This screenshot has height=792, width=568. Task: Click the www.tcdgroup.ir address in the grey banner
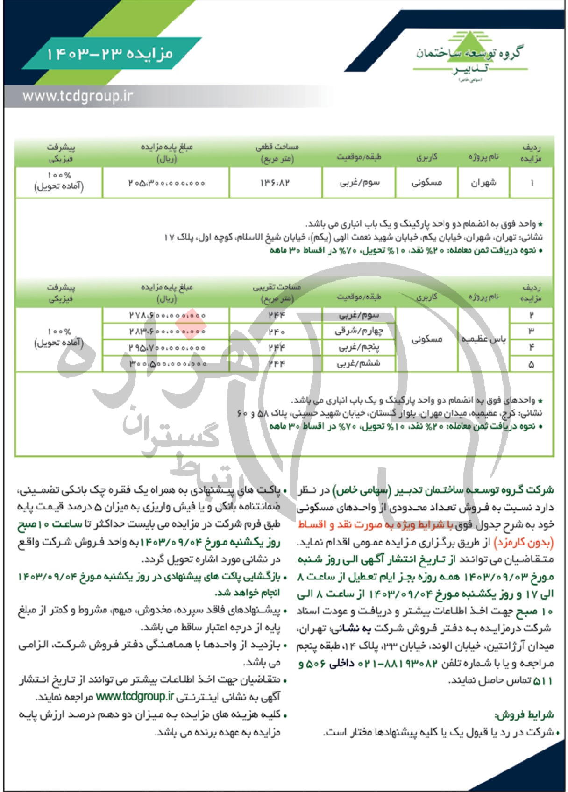(78, 97)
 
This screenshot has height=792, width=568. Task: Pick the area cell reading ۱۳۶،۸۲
(276, 183)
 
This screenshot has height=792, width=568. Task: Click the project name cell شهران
(483, 183)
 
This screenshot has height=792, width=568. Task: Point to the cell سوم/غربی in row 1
(359, 183)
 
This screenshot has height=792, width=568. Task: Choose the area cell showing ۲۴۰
(276, 332)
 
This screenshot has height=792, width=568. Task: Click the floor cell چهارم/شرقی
(359, 332)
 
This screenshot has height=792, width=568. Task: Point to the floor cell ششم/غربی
(359, 364)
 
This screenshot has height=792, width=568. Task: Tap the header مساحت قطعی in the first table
(277, 147)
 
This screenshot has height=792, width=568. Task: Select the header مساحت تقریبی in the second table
(277, 287)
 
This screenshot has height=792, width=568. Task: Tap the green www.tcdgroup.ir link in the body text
(135, 696)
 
